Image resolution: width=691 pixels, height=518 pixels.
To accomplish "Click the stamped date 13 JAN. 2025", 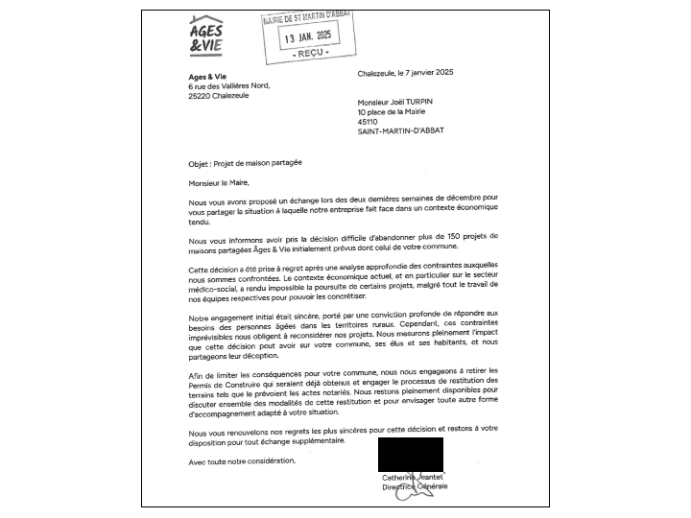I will pyautogui.click(x=310, y=35).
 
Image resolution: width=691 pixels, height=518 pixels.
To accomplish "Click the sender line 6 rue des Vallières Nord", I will pyautogui.click(x=229, y=85).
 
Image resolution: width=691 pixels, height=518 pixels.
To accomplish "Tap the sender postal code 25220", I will pyautogui.click(x=201, y=96).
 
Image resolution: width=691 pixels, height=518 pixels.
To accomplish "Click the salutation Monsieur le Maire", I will pyautogui.click(x=219, y=181).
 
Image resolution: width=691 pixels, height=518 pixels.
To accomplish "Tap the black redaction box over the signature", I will pyautogui.click(x=411, y=453).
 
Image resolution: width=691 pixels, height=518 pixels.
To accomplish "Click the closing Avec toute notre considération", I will pyautogui.click(x=242, y=460).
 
